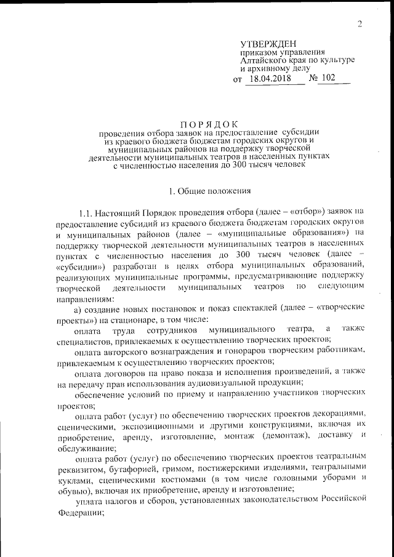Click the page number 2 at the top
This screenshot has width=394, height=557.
coord(359,24)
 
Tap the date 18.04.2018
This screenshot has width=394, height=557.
coord(270,79)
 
